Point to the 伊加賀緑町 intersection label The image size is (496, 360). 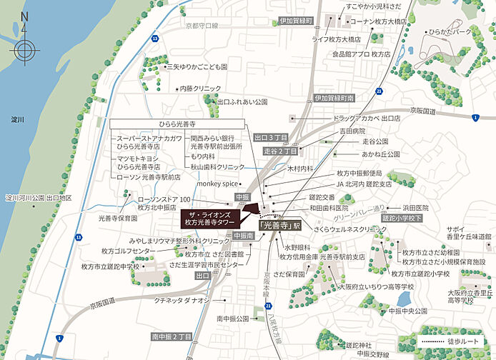tap(296, 21)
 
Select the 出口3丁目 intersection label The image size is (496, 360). tap(271, 136)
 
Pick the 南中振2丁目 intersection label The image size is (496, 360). tap(172, 335)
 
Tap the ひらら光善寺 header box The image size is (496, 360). tap(181, 124)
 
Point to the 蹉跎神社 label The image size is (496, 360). tap(361, 344)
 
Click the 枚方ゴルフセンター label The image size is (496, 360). tap(127, 251)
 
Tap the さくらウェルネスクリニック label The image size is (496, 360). tap(340, 231)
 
